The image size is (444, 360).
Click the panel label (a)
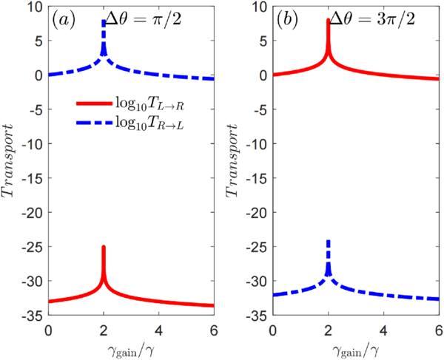click(64, 21)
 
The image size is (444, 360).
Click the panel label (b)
click(287, 21)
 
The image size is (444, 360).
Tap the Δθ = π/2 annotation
click(144, 21)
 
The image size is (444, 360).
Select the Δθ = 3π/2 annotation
click(372, 21)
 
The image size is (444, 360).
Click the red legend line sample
click(94, 103)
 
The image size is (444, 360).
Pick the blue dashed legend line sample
click(94, 123)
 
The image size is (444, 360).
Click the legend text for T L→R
click(149, 104)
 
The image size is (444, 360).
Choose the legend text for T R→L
click(149, 123)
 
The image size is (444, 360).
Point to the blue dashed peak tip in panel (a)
click(104, 21)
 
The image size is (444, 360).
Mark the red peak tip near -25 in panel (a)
click(104, 247)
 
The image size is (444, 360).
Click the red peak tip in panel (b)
click(328, 19)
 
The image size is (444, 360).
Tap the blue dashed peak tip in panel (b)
click(329, 241)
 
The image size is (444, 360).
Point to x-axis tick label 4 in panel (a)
click(159, 330)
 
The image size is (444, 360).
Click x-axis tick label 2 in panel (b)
click(329, 330)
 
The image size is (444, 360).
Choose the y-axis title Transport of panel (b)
click(232, 160)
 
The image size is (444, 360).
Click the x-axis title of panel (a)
click(131, 350)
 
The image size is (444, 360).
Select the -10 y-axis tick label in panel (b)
click(258, 144)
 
